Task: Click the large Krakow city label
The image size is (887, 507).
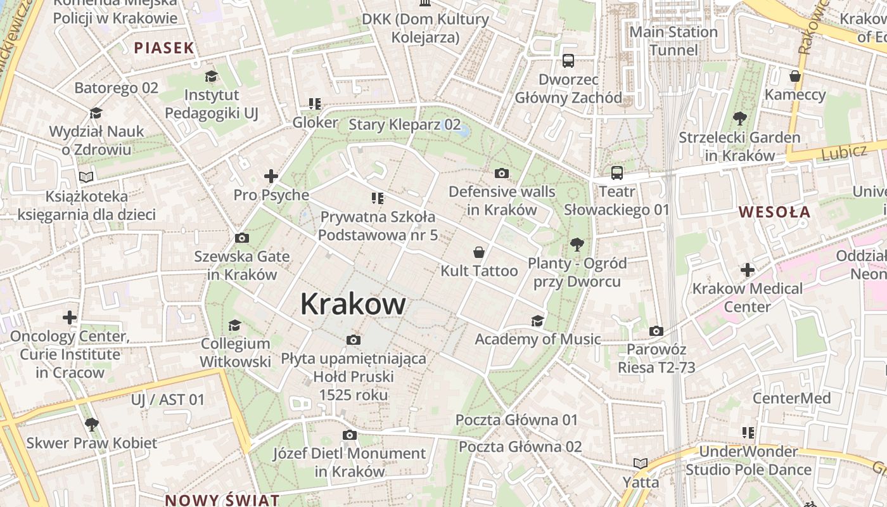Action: click(x=353, y=304)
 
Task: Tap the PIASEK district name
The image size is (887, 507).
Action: click(x=164, y=48)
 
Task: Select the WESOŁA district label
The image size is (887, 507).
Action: click(x=775, y=212)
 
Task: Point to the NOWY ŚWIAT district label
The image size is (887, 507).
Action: click(x=222, y=499)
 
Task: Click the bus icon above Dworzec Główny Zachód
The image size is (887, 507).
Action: click(x=568, y=61)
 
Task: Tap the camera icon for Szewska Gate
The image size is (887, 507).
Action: click(x=241, y=238)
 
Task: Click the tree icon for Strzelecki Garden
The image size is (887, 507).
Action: click(x=739, y=119)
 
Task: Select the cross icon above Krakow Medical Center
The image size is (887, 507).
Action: click(x=748, y=270)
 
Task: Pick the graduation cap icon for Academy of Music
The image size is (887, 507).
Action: click(x=537, y=321)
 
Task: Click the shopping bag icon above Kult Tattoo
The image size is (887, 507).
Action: click(x=479, y=252)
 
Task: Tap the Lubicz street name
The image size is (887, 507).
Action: click(x=843, y=152)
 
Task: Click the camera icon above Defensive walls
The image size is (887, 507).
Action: click(x=501, y=173)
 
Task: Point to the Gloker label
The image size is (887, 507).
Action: click(x=315, y=122)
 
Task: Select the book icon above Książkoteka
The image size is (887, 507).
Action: click(x=86, y=177)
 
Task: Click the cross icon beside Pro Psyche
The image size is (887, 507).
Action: click(x=271, y=176)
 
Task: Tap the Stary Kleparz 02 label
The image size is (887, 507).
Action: click(x=404, y=125)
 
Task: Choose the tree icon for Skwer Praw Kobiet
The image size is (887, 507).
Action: click(x=91, y=424)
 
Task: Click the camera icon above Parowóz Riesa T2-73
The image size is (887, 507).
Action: click(x=656, y=331)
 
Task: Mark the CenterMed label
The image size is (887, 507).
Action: click(x=791, y=398)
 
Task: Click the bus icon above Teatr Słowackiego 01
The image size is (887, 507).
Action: click(x=616, y=172)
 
